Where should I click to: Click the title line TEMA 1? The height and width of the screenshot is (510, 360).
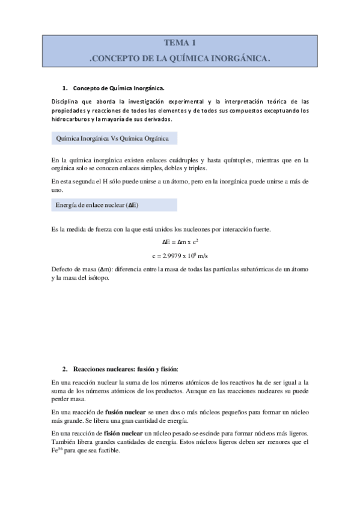coord(180,43)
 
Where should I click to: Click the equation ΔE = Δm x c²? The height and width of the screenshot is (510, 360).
coord(180,242)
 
